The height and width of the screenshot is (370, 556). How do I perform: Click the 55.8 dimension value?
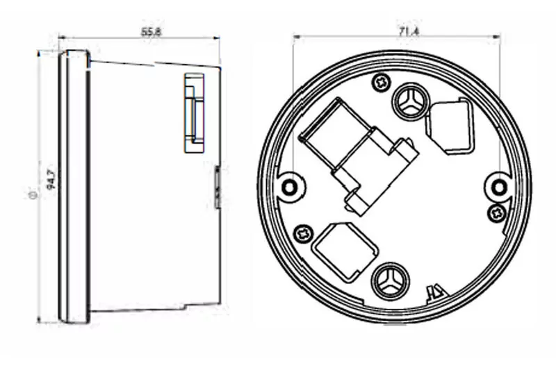152,32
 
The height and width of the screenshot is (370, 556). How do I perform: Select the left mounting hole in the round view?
289,186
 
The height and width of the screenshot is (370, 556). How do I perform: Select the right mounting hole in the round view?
499,186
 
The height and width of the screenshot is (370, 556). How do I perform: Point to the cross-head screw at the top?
380,81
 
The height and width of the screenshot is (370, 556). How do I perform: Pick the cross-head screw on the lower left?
302,233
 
